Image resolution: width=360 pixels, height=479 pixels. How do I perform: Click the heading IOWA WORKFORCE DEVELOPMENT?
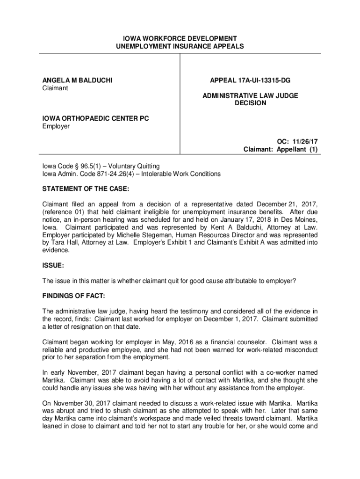pos(180,38)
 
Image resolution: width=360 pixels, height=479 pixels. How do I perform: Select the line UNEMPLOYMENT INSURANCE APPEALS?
pos(180,46)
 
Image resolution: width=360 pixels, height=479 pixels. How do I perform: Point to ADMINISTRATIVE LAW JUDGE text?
pos(250,95)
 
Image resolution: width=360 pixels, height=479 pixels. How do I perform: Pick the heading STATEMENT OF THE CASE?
pos(86,189)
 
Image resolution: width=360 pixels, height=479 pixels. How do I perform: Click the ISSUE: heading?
pos(53,265)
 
